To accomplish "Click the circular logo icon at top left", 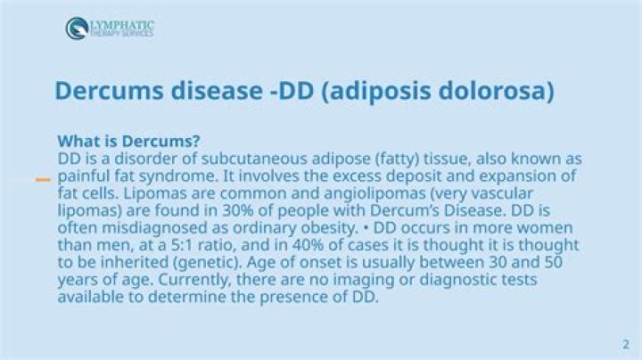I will pos(77,28).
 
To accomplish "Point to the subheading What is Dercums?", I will pos(128,142).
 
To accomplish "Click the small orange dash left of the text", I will pos(42,180).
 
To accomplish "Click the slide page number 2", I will pos(625,344).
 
